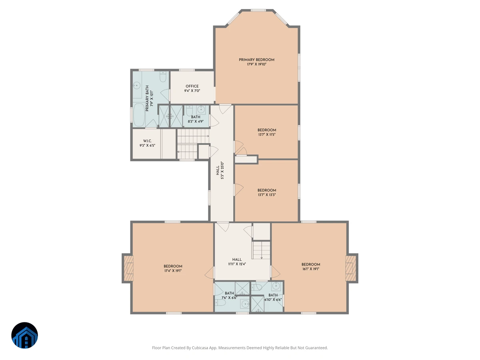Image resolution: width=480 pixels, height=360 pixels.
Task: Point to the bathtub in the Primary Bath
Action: [x=139, y=115]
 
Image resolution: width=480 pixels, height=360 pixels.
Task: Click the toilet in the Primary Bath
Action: [x=163, y=76]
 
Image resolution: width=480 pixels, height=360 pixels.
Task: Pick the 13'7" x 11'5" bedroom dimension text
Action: [x=266, y=134]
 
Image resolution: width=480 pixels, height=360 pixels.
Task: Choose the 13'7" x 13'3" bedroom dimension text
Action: [x=266, y=194]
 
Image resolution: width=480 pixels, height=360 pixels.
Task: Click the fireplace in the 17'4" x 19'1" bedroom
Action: [x=128, y=268]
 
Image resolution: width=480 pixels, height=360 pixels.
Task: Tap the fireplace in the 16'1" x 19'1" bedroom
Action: [x=350, y=268]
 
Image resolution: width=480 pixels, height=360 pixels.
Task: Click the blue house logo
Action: [x=24, y=335]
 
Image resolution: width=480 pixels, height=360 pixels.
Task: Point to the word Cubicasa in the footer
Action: [x=200, y=348]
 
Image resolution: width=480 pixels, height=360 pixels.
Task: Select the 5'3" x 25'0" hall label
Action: [x=220, y=170]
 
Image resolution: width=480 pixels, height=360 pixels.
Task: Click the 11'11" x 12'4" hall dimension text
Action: [x=237, y=264]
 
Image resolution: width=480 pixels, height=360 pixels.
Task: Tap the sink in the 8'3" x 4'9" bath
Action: [x=201, y=110]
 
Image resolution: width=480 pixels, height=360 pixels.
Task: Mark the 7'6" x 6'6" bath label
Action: [x=229, y=295]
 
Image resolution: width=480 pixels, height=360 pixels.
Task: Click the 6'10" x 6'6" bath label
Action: [x=273, y=297]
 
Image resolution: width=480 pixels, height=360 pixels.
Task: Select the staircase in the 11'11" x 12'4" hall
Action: [x=261, y=250]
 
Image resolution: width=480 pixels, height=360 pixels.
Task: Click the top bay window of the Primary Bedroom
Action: [x=258, y=10]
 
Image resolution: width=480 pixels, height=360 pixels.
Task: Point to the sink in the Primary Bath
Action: [x=137, y=85]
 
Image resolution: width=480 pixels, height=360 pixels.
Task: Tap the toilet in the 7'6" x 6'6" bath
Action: [x=220, y=303]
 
